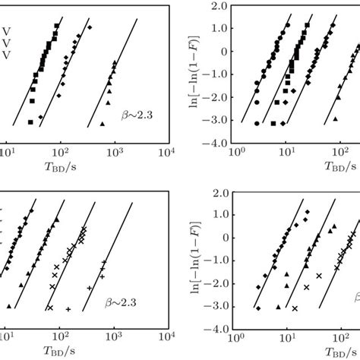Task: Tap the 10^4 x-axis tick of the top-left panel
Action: (x=168, y=152)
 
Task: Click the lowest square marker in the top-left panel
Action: (x=30, y=122)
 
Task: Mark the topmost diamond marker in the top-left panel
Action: (x=90, y=27)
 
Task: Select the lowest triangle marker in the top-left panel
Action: (x=102, y=124)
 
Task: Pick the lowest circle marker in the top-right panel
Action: (x=257, y=122)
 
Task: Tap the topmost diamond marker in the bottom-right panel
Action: (x=308, y=212)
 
